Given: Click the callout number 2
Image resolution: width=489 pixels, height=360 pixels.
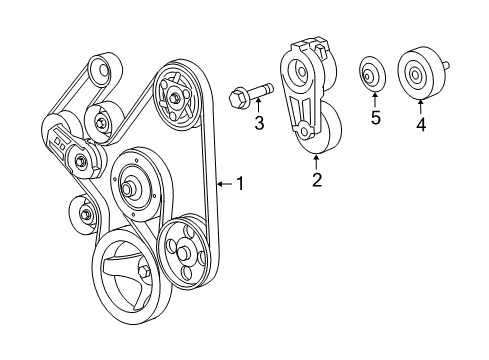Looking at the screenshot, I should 316,181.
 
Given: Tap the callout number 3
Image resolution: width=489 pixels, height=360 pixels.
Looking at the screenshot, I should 258,123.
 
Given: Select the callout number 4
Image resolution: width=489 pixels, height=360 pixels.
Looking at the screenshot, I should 421,125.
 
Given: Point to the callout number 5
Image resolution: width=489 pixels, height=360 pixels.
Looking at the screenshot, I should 376,117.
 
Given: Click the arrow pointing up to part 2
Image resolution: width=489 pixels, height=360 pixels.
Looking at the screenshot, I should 316,161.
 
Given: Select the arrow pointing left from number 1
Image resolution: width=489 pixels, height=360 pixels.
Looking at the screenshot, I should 222,183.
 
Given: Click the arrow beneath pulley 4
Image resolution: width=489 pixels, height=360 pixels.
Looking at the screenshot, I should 421,105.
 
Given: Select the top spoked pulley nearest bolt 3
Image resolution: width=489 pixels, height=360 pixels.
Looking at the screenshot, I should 177,96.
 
